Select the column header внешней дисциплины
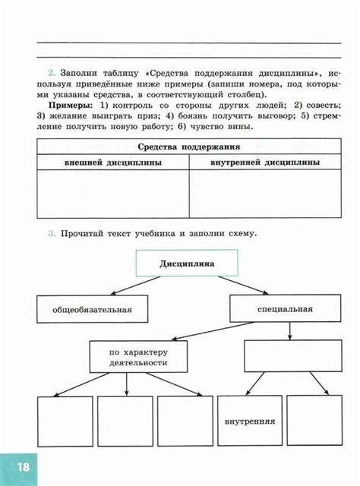pyautogui.click(x=112, y=163)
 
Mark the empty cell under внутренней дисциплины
pyautogui.click(x=264, y=194)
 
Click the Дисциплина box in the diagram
pyautogui.click(x=187, y=264)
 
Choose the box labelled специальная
pyautogui.click(x=285, y=310)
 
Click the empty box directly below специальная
pyautogui.click(x=286, y=355)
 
